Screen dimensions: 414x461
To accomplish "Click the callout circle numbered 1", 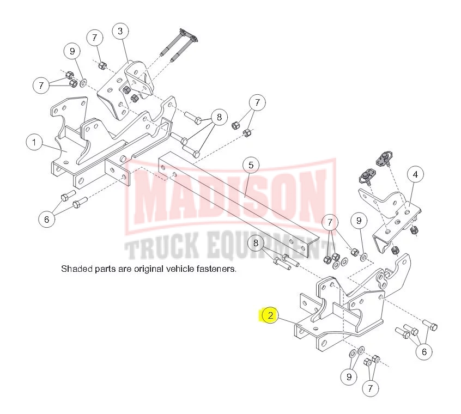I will click(34, 143).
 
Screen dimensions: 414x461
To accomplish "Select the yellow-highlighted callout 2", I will click(270, 315).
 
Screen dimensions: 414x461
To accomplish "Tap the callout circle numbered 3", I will click(120, 31).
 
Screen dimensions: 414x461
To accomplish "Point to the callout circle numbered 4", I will click(415, 175).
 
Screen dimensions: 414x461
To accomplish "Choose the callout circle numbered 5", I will click(251, 165).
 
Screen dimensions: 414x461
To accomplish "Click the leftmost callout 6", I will click(46, 220).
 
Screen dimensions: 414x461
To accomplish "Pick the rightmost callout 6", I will click(424, 351).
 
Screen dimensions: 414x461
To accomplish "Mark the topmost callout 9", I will click(71, 52).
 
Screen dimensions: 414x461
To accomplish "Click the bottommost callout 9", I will click(349, 376).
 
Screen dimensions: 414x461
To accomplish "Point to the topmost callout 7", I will click(95, 38).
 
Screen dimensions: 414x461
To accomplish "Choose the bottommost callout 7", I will click(370, 388).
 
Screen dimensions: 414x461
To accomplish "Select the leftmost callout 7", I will click(40, 85).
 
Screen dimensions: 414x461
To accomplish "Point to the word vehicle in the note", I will click(183, 269).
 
